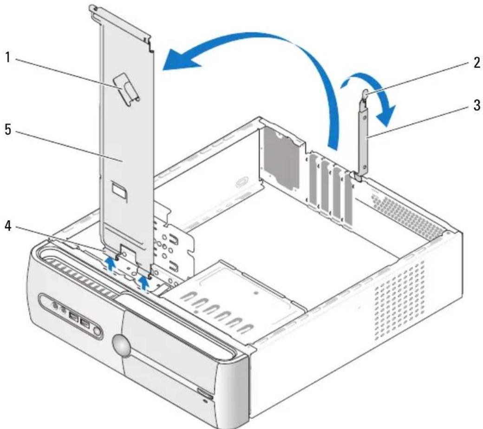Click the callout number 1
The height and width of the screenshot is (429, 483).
point(8,58)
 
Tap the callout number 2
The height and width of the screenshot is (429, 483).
point(476,63)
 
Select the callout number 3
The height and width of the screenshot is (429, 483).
point(476,106)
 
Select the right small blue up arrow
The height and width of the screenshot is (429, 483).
point(144,282)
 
